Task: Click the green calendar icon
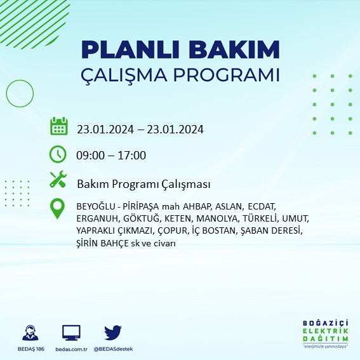[x=58, y=126]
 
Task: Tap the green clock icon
[x=58, y=154]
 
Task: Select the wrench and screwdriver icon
[x=58, y=180]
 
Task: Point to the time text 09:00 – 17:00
[x=111, y=156]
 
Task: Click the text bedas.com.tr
[x=71, y=349]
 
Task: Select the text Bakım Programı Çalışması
[x=143, y=184]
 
